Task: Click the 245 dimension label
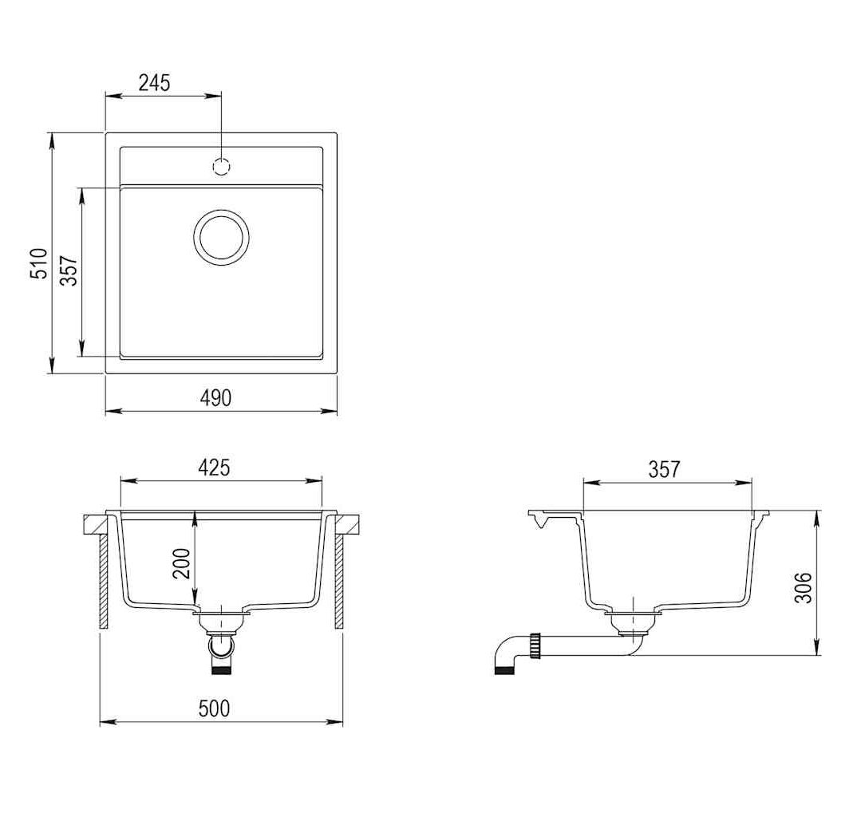155,83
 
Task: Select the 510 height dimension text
39,264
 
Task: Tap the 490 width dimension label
216,398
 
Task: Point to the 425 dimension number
214,468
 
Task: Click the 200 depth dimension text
181,563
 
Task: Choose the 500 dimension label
215,708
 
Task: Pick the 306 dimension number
803,587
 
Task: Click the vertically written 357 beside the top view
69,270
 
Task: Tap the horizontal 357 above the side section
664,469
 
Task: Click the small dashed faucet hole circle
221,167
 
